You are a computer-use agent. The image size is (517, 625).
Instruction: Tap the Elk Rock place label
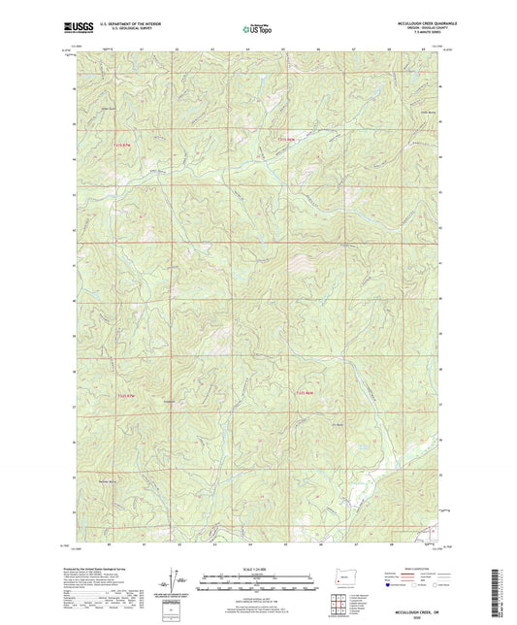[x=339, y=421]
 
